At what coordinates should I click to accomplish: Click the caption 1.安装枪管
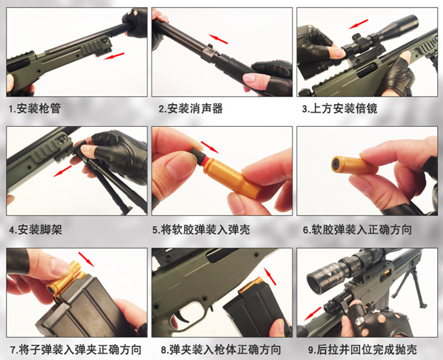[35, 109]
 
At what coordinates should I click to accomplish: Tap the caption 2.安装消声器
[190, 109]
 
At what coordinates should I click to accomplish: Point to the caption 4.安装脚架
[35, 230]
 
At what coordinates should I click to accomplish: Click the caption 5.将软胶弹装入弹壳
[201, 230]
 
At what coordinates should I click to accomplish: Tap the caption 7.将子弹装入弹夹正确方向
[76, 349]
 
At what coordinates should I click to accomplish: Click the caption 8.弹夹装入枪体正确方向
[221, 349]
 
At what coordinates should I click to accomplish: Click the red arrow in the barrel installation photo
[114, 56]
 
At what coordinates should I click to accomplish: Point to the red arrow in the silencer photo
[219, 39]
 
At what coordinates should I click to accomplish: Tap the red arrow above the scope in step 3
[358, 24]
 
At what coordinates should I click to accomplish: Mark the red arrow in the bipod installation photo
[62, 171]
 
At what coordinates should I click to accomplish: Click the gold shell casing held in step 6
[354, 165]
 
